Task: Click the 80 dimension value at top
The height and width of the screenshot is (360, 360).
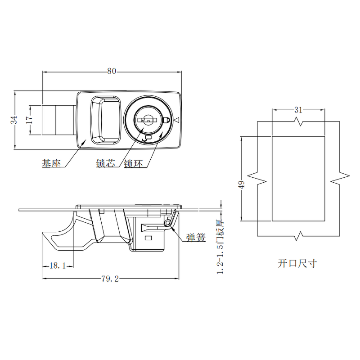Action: click(x=112, y=71)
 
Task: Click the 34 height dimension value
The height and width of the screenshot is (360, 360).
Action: click(x=14, y=120)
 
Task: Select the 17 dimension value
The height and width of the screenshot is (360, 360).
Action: click(x=29, y=120)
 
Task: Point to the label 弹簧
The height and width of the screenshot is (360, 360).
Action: click(x=196, y=238)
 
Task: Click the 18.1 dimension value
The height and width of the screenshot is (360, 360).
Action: click(x=57, y=266)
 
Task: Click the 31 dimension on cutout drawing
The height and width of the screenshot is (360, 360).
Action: click(x=298, y=109)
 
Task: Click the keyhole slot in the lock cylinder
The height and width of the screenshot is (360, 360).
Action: click(x=148, y=120)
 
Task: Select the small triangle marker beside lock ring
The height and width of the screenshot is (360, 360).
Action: click(x=176, y=120)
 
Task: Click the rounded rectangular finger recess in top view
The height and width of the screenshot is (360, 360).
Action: click(x=105, y=119)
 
